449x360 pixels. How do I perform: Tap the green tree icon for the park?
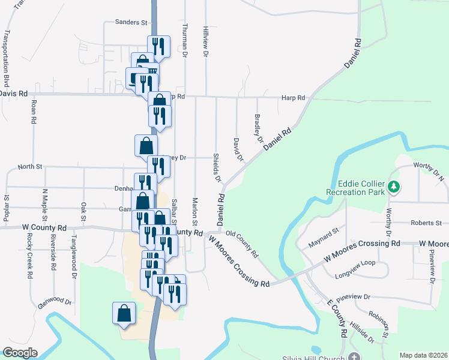point(393,187)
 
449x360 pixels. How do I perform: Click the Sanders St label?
point(131,22)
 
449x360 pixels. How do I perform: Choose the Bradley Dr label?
point(259,128)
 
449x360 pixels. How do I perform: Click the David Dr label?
point(238,149)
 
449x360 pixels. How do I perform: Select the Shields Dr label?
point(217,167)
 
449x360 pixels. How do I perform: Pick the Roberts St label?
point(426,223)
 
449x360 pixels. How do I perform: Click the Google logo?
point(20,353)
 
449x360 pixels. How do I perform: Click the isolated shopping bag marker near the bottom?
point(124,313)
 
